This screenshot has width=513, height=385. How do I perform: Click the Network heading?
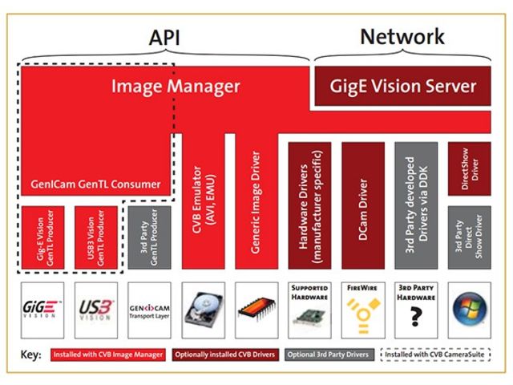(402, 36)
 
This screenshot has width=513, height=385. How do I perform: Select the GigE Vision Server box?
(404, 86)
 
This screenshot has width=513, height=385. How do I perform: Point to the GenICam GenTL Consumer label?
(96, 185)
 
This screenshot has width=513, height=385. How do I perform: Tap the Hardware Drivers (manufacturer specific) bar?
(309, 209)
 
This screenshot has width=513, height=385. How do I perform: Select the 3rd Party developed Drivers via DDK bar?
(415, 209)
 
